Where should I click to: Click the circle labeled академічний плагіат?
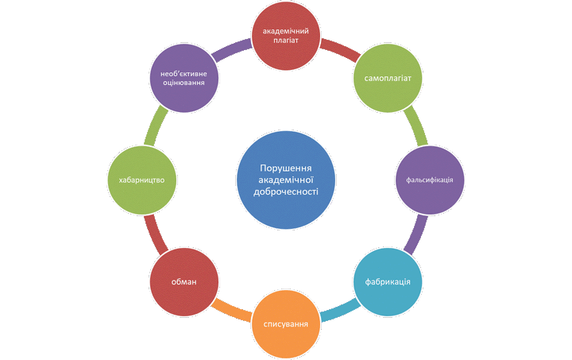(x=285, y=37)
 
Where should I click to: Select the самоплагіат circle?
(x=387, y=79)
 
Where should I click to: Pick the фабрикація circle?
(x=387, y=281)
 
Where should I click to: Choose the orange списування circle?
(x=285, y=323)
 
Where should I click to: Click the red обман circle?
(x=184, y=281)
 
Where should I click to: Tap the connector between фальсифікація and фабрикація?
(x=412, y=236)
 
